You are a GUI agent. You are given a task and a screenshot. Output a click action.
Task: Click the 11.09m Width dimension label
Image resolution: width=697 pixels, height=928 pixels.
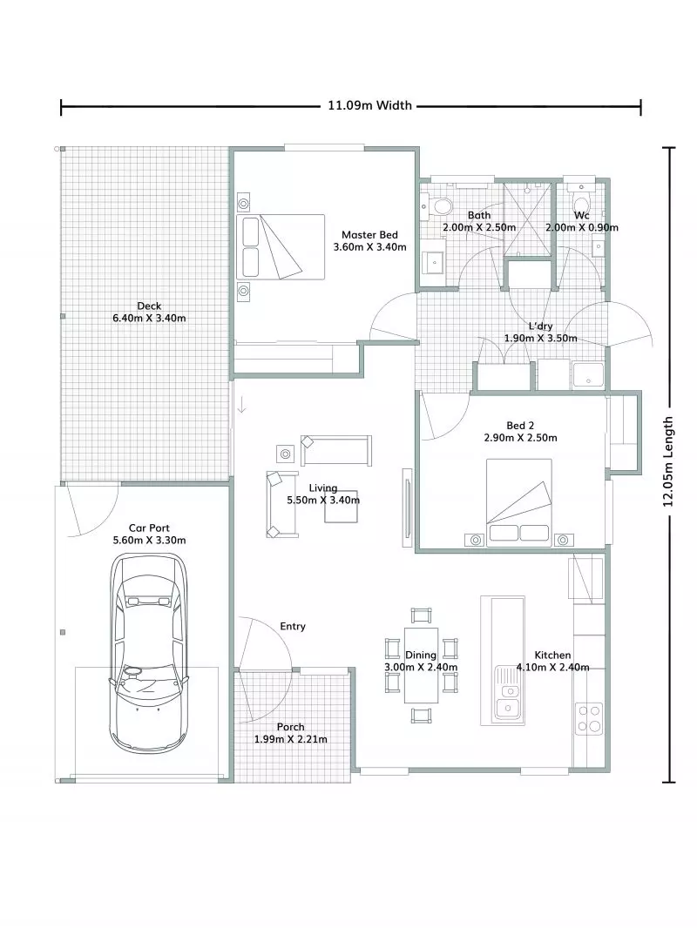point(369,106)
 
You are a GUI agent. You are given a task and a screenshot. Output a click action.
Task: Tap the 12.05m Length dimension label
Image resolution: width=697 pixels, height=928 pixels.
point(668,461)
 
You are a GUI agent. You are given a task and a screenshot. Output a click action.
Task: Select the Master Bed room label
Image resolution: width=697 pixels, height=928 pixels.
point(369,235)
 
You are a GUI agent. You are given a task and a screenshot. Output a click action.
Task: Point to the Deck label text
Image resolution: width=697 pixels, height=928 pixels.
point(149,306)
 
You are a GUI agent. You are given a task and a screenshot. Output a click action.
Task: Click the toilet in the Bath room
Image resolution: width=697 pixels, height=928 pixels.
point(442,206)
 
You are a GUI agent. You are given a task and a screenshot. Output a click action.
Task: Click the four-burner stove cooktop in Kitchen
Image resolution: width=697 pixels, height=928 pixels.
point(590,716)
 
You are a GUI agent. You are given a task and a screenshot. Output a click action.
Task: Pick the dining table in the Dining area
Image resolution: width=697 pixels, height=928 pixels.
point(422,666)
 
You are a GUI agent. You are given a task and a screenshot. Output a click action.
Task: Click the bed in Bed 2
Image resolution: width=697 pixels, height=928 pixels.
point(519,502)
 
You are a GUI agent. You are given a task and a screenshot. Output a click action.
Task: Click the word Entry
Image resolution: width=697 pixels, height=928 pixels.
point(293,626)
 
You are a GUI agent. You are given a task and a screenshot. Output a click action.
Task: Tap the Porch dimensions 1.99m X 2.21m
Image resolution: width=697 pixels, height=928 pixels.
point(291,739)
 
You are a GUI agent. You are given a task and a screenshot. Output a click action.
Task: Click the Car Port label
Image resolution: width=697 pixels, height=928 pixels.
point(149,528)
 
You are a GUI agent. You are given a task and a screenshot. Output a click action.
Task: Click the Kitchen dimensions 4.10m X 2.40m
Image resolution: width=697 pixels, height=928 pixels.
point(553,668)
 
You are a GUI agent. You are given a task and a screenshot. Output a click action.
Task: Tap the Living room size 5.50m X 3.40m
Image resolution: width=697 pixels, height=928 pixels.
point(323,501)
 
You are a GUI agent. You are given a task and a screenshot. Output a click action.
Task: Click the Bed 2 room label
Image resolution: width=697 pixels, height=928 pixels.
point(519,425)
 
